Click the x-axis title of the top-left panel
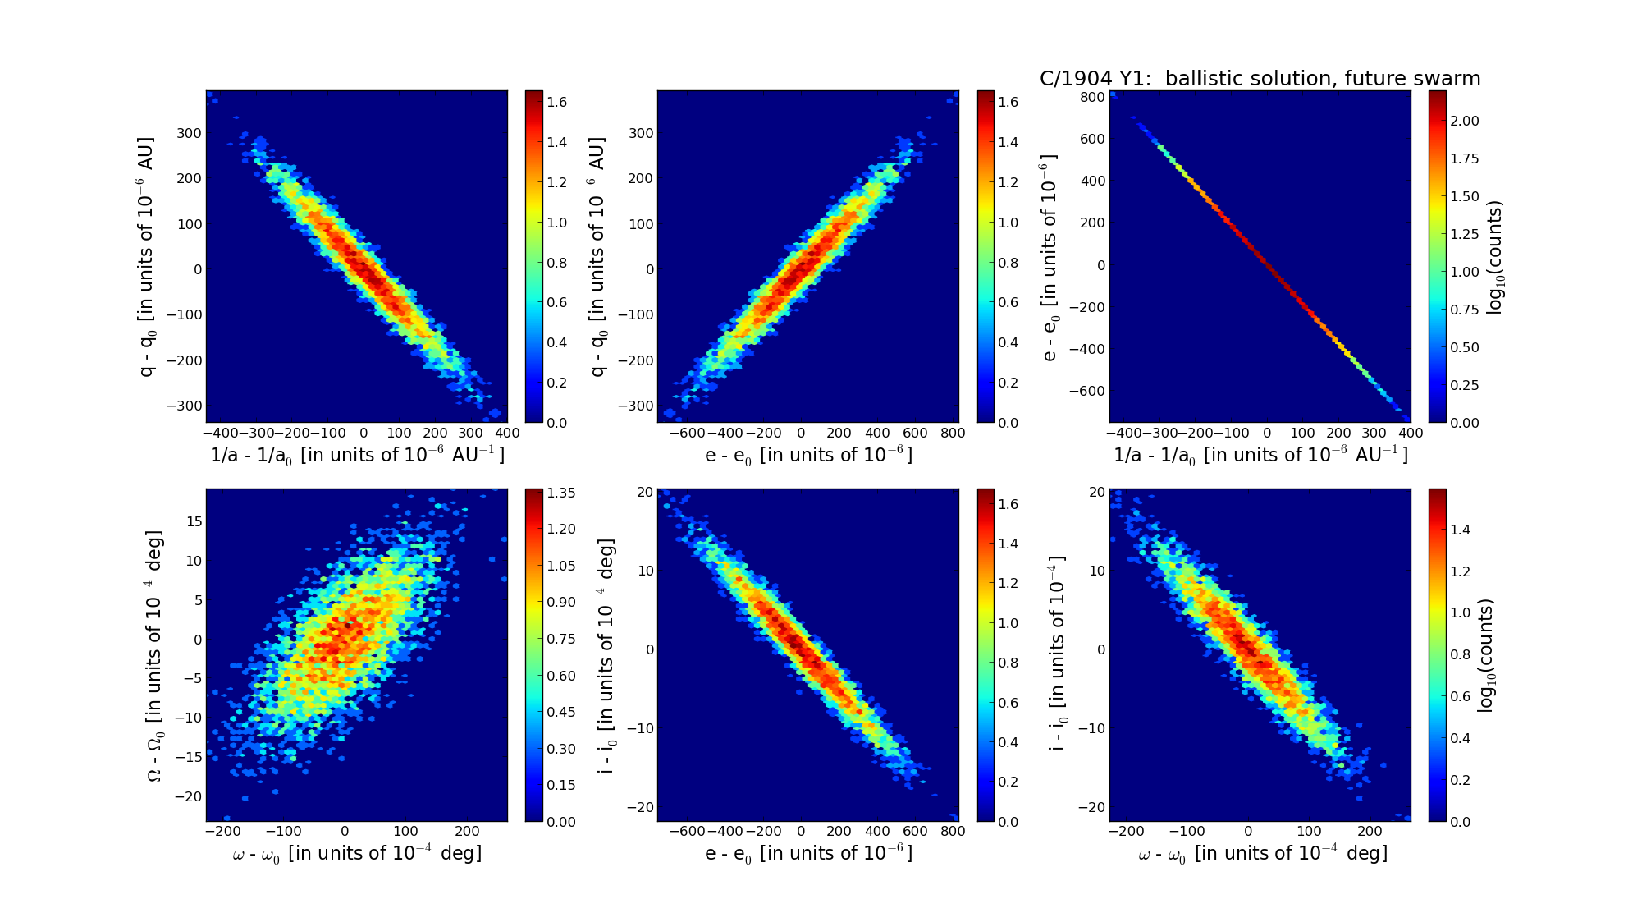tap(357, 455)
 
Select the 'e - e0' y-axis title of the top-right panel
tap(1050, 258)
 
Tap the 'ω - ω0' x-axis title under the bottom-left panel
tap(357, 854)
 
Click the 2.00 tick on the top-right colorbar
tap(1465, 121)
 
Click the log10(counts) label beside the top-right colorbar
tap(1494, 257)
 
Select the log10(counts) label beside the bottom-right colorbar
tap(1486, 655)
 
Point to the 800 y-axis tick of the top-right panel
tap(1092, 97)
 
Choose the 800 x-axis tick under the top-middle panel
tap(952, 433)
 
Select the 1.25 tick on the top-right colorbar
tap(1465, 234)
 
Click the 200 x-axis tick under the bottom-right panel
tap(1370, 831)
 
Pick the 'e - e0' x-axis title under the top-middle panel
tap(808, 455)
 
